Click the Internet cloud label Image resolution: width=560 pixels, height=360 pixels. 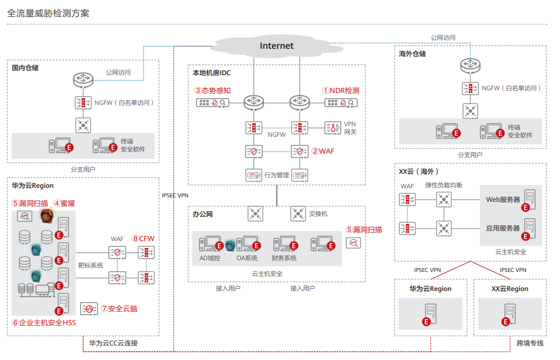pyautogui.click(x=276, y=46)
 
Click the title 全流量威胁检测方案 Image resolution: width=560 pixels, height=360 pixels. pyautogui.click(x=48, y=12)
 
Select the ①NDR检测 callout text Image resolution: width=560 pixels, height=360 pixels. pyautogui.click(x=340, y=90)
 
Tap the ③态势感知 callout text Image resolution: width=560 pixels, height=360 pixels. pyautogui.click(x=212, y=90)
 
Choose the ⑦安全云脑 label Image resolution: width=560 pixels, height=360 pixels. pyautogui.click(x=119, y=308)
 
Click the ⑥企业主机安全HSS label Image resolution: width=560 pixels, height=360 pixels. pyautogui.click(x=44, y=322)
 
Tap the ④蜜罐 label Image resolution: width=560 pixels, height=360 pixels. pyautogui.click(x=64, y=203)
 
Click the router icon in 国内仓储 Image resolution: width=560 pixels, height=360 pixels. pyautogui.click(x=82, y=81)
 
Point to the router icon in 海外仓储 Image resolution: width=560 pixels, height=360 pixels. pyautogui.click(x=470, y=66)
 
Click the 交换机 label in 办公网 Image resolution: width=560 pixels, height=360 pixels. pyautogui.click(x=318, y=214)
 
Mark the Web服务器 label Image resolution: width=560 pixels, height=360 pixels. pyautogui.click(x=503, y=199)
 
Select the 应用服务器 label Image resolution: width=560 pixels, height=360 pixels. pyautogui.click(x=503, y=228)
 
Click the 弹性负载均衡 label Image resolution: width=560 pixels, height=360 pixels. pyautogui.click(x=443, y=185)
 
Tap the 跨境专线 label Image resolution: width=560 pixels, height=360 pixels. pyautogui.click(x=530, y=343)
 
